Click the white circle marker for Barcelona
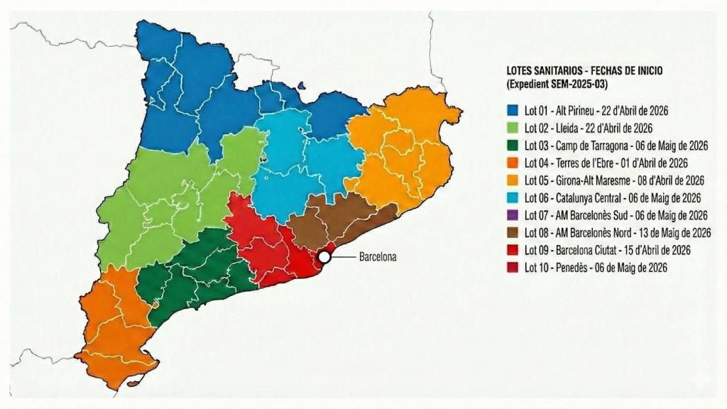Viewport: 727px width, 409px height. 324,257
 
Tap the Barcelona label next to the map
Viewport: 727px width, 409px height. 377,257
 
